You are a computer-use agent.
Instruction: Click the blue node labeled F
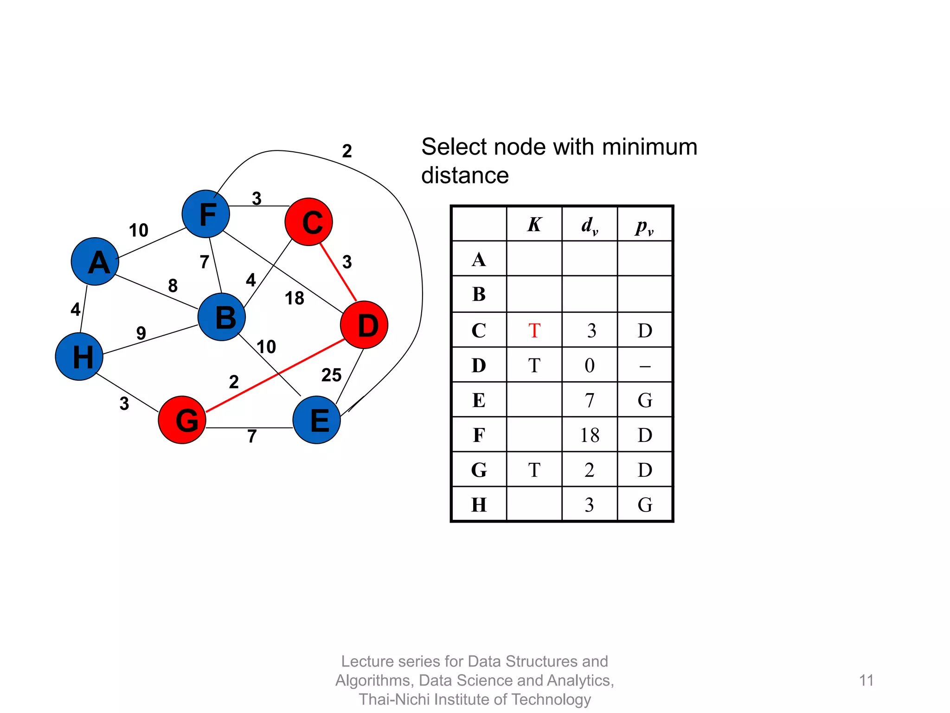pyautogui.click(x=205, y=214)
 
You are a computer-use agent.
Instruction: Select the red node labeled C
pyautogui.click(x=309, y=222)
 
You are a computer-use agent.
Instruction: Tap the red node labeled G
pyautogui.click(x=182, y=420)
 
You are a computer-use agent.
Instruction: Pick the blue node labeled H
pyautogui.click(x=79, y=356)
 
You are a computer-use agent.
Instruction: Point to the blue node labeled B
pyautogui.click(x=222, y=317)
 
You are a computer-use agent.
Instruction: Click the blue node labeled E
pyautogui.click(x=317, y=420)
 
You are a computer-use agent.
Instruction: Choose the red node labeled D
pyautogui.click(x=364, y=325)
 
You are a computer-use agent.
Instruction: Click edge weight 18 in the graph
pyautogui.click(x=294, y=298)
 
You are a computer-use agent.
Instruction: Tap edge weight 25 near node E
pyautogui.click(x=331, y=375)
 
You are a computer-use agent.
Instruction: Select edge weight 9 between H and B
pyautogui.click(x=141, y=333)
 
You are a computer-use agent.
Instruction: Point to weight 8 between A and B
pyautogui.click(x=173, y=285)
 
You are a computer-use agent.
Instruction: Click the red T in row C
pyautogui.click(x=534, y=331)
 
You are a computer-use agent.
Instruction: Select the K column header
pyautogui.click(x=534, y=225)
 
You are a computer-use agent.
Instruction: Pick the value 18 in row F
pyautogui.click(x=589, y=435)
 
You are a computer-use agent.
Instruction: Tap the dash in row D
pyautogui.click(x=645, y=366)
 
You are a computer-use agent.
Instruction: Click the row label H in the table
pyautogui.click(x=479, y=505)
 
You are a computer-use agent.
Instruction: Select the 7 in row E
pyautogui.click(x=589, y=400)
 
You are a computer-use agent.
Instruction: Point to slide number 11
pyautogui.click(x=866, y=681)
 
